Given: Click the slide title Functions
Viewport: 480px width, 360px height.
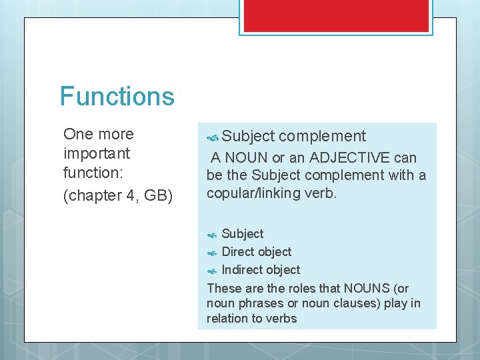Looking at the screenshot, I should tap(117, 96).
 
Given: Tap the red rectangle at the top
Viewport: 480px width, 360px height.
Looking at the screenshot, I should tap(335, 15).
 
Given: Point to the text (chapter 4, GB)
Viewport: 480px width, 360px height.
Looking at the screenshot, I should tap(117, 197).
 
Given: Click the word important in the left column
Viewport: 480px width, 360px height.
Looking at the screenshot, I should tap(97, 153).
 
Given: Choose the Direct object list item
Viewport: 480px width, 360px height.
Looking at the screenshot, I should tap(256, 252).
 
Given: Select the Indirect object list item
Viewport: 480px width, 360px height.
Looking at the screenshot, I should tap(261, 270).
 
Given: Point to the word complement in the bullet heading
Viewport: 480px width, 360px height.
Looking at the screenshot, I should tap(322, 137).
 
